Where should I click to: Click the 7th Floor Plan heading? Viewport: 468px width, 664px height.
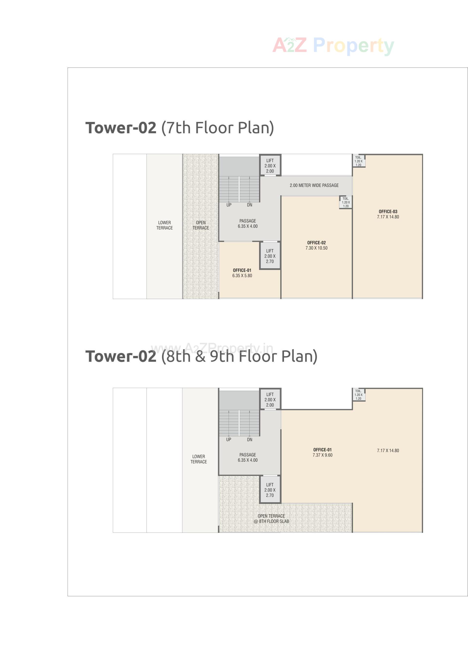pyautogui.click(x=179, y=128)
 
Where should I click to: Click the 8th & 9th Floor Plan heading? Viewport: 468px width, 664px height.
pyautogui.click(x=201, y=356)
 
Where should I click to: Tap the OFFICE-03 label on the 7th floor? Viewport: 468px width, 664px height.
pyautogui.click(x=388, y=214)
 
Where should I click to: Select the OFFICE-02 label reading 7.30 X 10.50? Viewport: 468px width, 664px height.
pyautogui.click(x=316, y=245)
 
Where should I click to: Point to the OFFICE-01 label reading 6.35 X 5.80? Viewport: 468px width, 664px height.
pyautogui.click(x=242, y=273)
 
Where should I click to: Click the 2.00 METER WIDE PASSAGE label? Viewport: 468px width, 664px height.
pyautogui.click(x=314, y=185)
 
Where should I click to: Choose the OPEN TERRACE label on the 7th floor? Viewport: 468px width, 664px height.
pyautogui.click(x=201, y=225)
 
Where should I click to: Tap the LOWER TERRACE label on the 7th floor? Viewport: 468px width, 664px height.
pyautogui.click(x=164, y=225)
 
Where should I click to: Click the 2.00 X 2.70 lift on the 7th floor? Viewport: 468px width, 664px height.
pyautogui.click(x=270, y=256)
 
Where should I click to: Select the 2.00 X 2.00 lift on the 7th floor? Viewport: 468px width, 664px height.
pyautogui.click(x=270, y=166)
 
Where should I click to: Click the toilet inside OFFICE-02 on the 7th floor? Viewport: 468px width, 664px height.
pyautogui.click(x=346, y=202)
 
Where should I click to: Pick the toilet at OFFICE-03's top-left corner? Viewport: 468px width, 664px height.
pyautogui.click(x=358, y=161)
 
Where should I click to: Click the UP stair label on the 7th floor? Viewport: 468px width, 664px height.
pyautogui.click(x=229, y=205)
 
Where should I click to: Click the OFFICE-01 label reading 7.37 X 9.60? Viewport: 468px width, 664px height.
pyautogui.click(x=322, y=452)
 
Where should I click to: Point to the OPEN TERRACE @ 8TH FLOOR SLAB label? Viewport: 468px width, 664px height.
pyautogui.click(x=271, y=519)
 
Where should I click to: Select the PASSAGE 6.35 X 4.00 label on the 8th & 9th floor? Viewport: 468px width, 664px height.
pyautogui.click(x=247, y=458)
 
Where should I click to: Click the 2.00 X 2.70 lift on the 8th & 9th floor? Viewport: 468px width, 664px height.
pyautogui.click(x=270, y=490)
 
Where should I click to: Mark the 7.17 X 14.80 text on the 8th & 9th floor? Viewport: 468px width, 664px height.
pyautogui.click(x=388, y=450)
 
